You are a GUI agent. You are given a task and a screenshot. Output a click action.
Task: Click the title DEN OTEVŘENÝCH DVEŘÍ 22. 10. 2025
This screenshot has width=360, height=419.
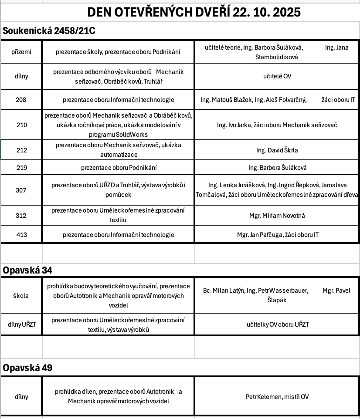pyautogui.click(x=194, y=12)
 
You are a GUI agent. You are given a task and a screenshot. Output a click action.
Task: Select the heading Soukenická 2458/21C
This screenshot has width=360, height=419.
pyautogui.click(x=49, y=31)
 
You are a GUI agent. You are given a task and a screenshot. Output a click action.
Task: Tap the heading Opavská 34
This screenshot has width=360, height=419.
pyautogui.click(x=28, y=270)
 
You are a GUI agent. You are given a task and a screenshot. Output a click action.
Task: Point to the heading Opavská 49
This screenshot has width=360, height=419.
pyautogui.click(x=28, y=368)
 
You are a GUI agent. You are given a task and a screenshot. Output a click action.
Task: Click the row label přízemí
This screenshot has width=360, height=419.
pyautogui.click(x=21, y=52)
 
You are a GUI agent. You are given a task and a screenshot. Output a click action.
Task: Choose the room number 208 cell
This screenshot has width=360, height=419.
pyautogui.click(x=21, y=100)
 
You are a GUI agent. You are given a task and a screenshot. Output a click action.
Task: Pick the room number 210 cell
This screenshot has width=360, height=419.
pyautogui.click(x=21, y=125)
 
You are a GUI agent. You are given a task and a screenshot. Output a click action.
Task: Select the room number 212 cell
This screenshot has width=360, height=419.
pyautogui.click(x=21, y=150)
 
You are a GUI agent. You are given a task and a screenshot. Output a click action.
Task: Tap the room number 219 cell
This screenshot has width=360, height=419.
pyautogui.click(x=21, y=167)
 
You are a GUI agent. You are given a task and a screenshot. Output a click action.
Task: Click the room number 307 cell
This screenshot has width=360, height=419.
pyautogui.click(x=21, y=190)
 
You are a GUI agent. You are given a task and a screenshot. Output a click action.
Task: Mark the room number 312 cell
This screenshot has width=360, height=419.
pyautogui.click(x=21, y=216)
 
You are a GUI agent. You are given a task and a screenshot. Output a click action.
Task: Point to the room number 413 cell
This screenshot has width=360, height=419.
pyautogui.click(x=21, y=235)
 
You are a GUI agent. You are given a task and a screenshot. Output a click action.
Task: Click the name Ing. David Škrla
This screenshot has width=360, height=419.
pyautogui.click(x=277, y=150)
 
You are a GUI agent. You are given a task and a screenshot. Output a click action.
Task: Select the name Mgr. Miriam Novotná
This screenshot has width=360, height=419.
pyautogui.click(x=277, y=216)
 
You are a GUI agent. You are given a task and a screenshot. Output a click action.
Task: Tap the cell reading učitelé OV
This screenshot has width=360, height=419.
pyautogui.click(x=277, y=76)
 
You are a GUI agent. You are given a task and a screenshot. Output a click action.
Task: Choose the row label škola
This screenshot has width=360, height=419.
pyautogui.click(x=21, y=295)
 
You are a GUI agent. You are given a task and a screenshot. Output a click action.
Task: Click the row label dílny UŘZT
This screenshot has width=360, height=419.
pyautogui.click(x=21, y=324)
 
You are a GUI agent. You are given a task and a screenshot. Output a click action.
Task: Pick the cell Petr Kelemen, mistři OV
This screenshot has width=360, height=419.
pyautogui.click(x=277, y=397)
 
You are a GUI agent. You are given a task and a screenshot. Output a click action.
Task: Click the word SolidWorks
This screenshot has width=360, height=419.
pyautogui.click(x=131, y=134)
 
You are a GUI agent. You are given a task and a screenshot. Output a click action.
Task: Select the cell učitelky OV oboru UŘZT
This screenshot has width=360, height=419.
pyautogui.click(x=277, y=324)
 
